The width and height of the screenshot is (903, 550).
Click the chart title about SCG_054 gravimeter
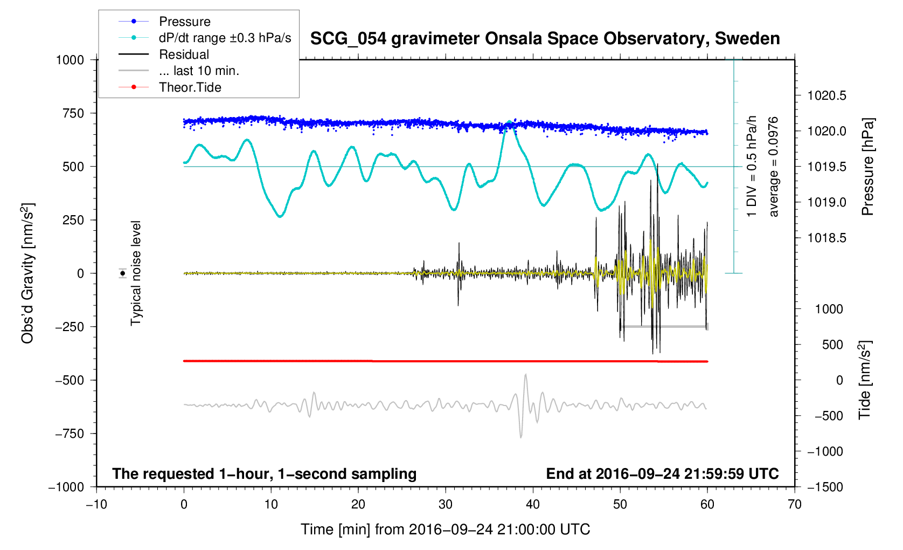point(545,39)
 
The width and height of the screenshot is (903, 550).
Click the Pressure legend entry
point(184,22)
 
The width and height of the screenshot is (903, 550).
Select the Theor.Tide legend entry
point(190,87)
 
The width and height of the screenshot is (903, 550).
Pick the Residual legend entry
point(184,54)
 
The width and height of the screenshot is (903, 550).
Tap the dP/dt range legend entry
point(225,38)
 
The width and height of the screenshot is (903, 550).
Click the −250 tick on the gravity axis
point(70,327)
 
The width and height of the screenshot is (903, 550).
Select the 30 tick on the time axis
point(446,505)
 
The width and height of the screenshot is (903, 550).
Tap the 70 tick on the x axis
point(794,505)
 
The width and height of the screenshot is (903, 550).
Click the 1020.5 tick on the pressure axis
point(826,96)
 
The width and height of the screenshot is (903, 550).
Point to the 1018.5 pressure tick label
point(826,238)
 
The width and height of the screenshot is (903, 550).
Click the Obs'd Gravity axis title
point(28,273)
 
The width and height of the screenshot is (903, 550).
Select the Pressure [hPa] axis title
point(867,167)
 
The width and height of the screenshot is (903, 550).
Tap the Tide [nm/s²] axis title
point(865,380)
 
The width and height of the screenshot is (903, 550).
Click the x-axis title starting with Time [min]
point(445,530)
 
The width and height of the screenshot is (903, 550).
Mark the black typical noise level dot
point(123,273)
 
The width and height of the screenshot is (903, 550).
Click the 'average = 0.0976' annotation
point(774,167)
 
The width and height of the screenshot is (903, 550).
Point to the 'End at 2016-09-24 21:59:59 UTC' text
point(662,474)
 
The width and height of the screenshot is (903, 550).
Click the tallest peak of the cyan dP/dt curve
point(509,122)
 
